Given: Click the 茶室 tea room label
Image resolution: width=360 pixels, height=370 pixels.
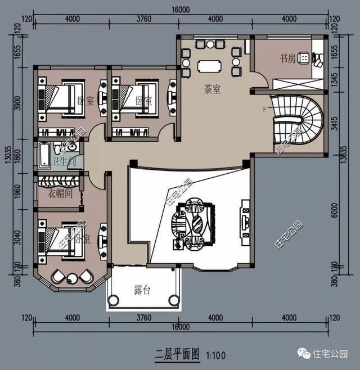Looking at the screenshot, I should [211, 89].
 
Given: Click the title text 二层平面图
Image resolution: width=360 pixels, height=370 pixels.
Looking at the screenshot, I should [177, 355].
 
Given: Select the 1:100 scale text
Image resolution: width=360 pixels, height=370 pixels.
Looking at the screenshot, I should [217, 356].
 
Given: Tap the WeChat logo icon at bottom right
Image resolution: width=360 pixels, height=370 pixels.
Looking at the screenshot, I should [304, 354].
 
